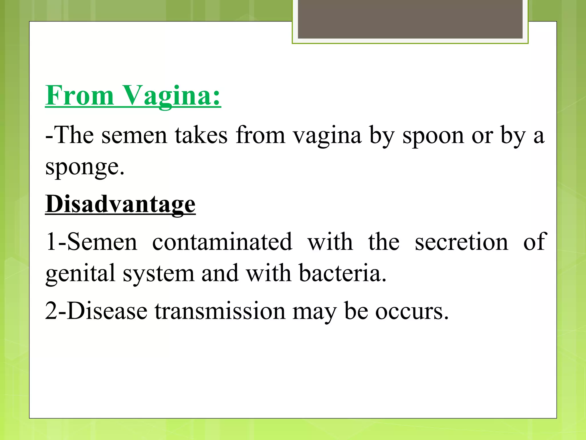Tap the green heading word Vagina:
point(172,96)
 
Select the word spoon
point(433,135)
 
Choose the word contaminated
point(222,242)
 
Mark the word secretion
point(461,242)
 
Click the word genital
point(80,274)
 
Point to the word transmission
point(220,311)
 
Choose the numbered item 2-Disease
point(96,311)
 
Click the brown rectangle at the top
point(410,19)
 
